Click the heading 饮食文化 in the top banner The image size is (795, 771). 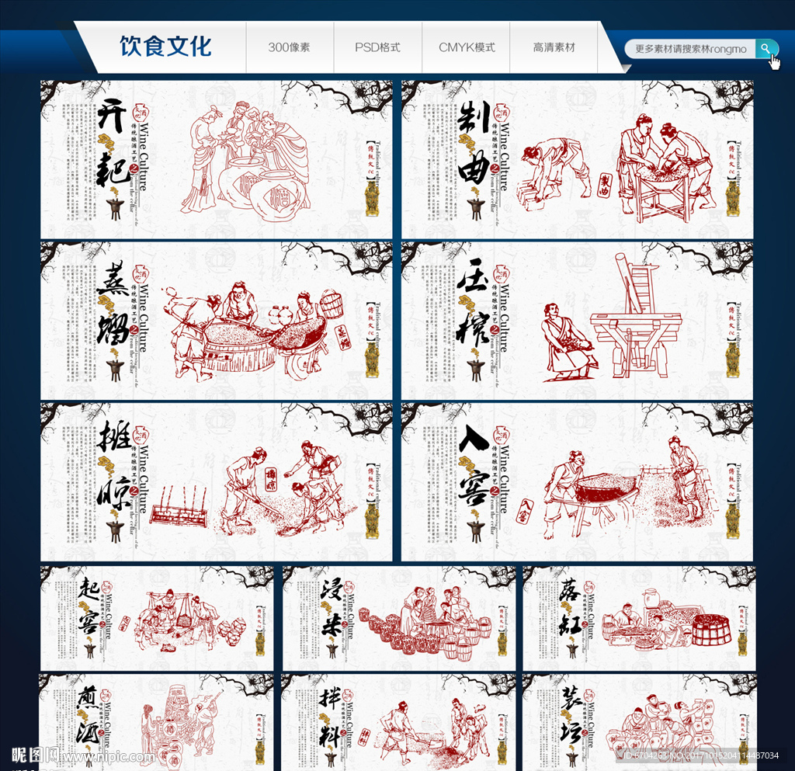tap(165, 47)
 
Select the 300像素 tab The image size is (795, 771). tap(289, 47)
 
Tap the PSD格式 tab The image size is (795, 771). tap(377, 47)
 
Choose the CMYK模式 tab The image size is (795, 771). tap(467, 47)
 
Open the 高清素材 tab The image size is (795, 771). tap(554, 47)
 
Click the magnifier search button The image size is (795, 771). tap(766, 49)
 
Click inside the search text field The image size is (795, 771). tap(689, 49)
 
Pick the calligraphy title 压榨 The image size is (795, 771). tap(474, 311)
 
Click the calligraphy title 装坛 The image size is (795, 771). tap(570, 719)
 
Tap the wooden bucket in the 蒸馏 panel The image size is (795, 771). tap(332, 304)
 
